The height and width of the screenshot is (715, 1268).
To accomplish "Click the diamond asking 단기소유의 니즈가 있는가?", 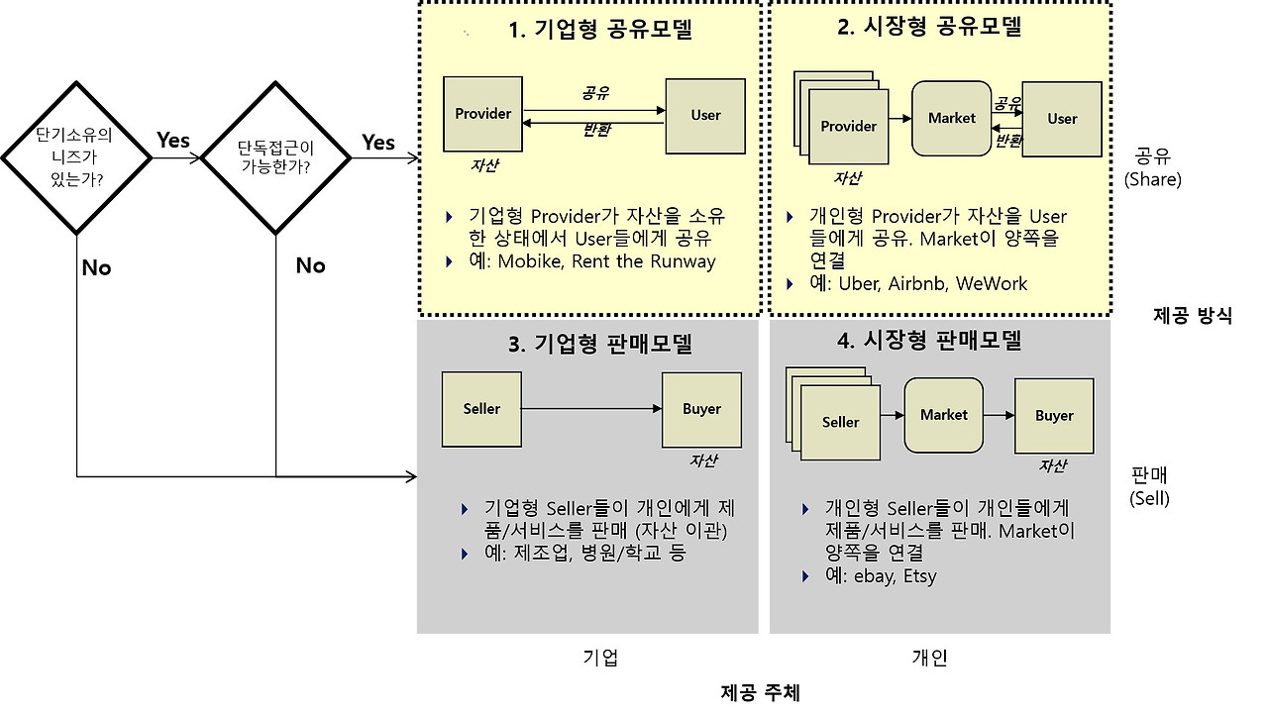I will point(75,156).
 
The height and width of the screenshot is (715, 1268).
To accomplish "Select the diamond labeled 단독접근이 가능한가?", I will point(275,156).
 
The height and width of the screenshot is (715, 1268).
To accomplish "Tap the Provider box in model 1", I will point(483,114).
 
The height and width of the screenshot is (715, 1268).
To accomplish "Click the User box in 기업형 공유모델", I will point(705,116).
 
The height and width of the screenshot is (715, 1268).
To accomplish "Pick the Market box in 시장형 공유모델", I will point(951,118).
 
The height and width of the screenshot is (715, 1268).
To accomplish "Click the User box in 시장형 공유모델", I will point(1062,119).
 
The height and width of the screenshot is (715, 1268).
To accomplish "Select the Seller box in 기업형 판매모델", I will point(481,409).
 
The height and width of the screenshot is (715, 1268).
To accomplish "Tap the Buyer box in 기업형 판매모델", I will point(701,409).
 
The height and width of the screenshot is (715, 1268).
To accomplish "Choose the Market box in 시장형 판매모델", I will point(943,415).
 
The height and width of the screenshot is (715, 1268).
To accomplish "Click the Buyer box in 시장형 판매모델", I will point(1054,416).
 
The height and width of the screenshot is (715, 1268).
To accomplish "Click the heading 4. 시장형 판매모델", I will point(928,341).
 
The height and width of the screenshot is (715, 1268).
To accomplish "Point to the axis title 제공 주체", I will point(760,692).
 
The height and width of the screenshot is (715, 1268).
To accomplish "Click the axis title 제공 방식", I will point(1193,316).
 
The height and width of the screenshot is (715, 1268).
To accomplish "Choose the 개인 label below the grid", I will point(929,658).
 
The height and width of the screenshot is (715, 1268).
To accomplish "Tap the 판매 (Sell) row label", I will point(1149,486).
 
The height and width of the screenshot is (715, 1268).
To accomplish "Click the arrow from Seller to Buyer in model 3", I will point(591,408).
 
